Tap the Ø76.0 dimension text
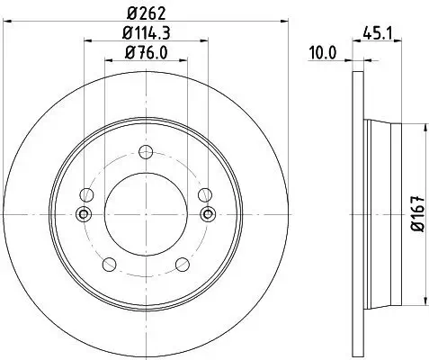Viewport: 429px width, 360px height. (147, 53)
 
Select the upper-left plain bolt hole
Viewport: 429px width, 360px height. (86, 193)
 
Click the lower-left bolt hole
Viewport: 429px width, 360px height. (110, 264)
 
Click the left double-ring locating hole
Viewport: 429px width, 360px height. (85, 213)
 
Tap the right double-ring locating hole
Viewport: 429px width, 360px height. (209, 213)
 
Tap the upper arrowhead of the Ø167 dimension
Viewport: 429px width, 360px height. (402, 122)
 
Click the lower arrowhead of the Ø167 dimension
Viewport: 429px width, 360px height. (402, 305)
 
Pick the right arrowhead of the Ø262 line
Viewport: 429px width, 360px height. (287, 20)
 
